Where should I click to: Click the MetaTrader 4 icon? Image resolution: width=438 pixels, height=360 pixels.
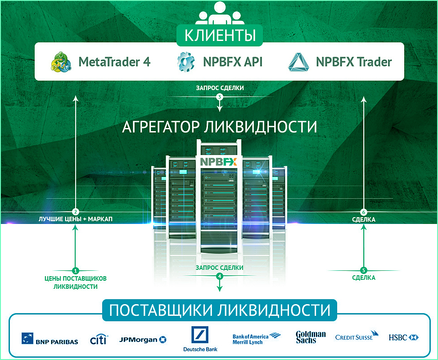61,62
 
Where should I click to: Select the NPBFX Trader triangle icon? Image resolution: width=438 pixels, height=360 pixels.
298,62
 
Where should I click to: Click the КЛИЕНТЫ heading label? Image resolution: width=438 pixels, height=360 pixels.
220,35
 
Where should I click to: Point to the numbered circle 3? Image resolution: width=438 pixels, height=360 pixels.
220,97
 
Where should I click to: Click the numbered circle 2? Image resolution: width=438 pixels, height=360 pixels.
76,212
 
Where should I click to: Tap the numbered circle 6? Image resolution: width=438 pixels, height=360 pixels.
364,212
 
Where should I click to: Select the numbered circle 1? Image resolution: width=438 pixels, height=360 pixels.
76,270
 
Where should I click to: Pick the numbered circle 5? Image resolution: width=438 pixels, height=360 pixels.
364,270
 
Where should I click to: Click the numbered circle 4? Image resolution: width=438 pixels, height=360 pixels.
220,276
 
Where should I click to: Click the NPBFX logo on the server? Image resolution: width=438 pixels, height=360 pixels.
219,161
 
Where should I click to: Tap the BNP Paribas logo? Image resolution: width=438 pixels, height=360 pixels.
50,339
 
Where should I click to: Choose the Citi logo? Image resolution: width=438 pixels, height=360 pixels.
99,339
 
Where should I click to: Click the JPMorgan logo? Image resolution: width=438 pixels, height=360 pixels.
143,339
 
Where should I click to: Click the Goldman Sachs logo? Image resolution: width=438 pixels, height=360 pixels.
311,337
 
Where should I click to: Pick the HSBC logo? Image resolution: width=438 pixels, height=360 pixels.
404,337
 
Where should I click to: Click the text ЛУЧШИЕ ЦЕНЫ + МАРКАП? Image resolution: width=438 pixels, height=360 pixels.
76,219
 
